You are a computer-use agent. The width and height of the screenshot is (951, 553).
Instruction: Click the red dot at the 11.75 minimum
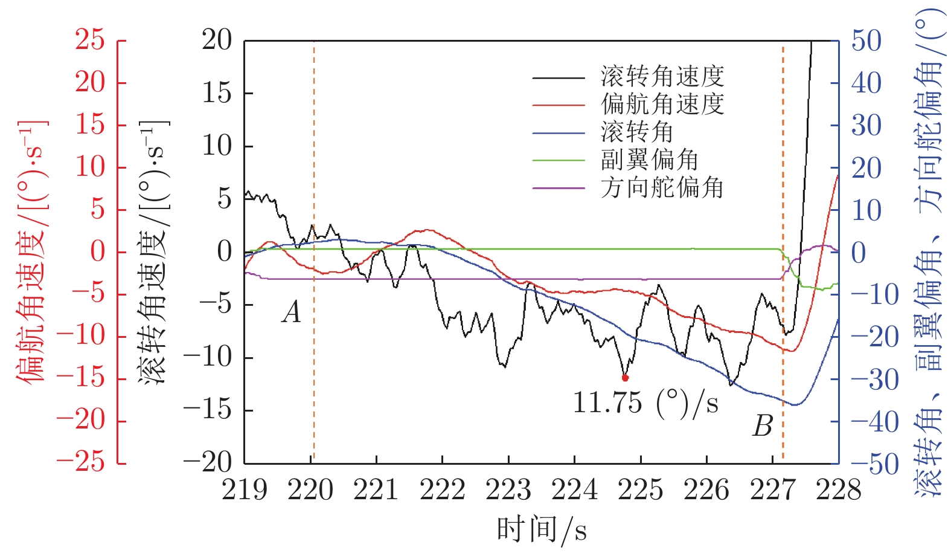(625, 378)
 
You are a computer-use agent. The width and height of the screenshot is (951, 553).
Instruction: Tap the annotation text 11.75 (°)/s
(645, 402)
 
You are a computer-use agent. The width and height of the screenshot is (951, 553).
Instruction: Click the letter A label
(292, 312)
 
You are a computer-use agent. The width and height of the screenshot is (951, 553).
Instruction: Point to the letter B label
(763, 426)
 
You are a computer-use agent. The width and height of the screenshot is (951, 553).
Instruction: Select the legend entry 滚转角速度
(662, 77)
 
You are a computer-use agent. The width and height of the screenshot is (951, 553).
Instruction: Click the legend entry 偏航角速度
(662, 105)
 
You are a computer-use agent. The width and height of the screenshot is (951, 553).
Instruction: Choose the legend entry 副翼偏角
(649, 160)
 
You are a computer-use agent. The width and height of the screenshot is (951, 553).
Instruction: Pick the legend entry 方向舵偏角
(662, 188)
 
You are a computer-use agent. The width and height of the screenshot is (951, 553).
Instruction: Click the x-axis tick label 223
(508, 490)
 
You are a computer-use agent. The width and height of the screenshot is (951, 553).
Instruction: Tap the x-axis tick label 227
(773, 490)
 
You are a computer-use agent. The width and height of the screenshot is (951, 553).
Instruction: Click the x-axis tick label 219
(245, 490)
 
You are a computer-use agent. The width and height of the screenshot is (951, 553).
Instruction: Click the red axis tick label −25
(81, 462)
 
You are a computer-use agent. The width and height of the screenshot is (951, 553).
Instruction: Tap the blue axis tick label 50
(866, 41)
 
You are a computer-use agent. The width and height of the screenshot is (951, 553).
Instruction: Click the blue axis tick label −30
(875, 380)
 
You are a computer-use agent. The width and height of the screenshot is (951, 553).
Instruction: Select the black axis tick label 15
(217, 93)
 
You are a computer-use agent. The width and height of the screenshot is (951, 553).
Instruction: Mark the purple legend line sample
(559, 188)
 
